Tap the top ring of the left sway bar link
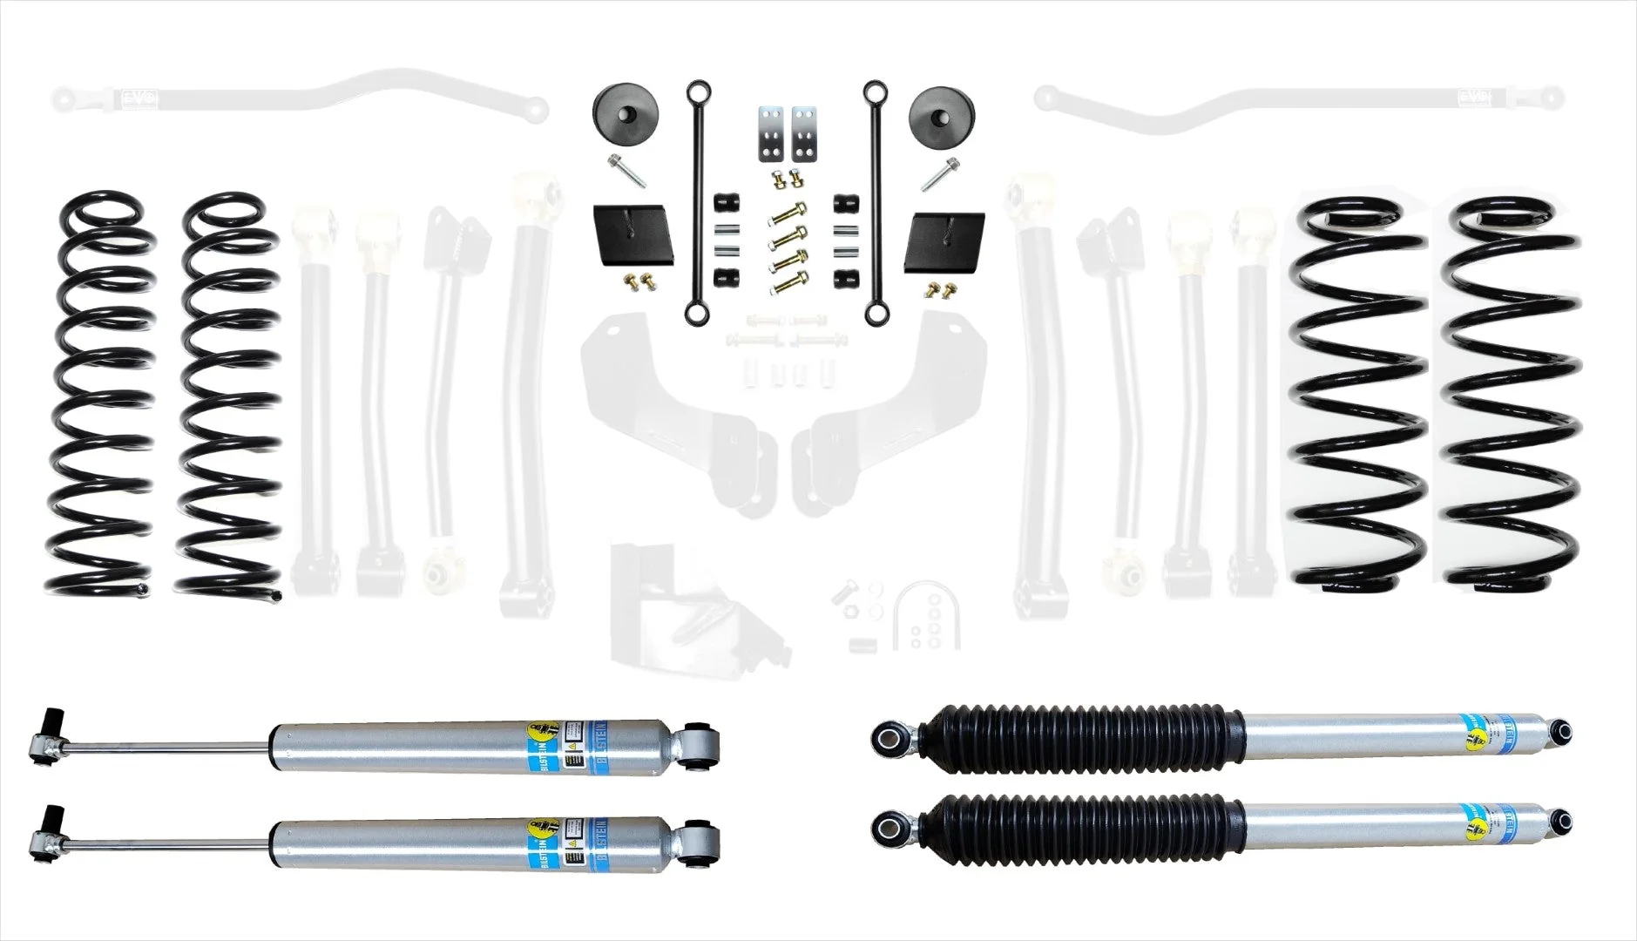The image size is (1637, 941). (x=696, y=91)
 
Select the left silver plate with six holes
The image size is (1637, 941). (x=770, y=135)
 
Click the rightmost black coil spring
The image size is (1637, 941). (x=1512, y=392)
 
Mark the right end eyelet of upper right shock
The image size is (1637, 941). (x=1566, y=730)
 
